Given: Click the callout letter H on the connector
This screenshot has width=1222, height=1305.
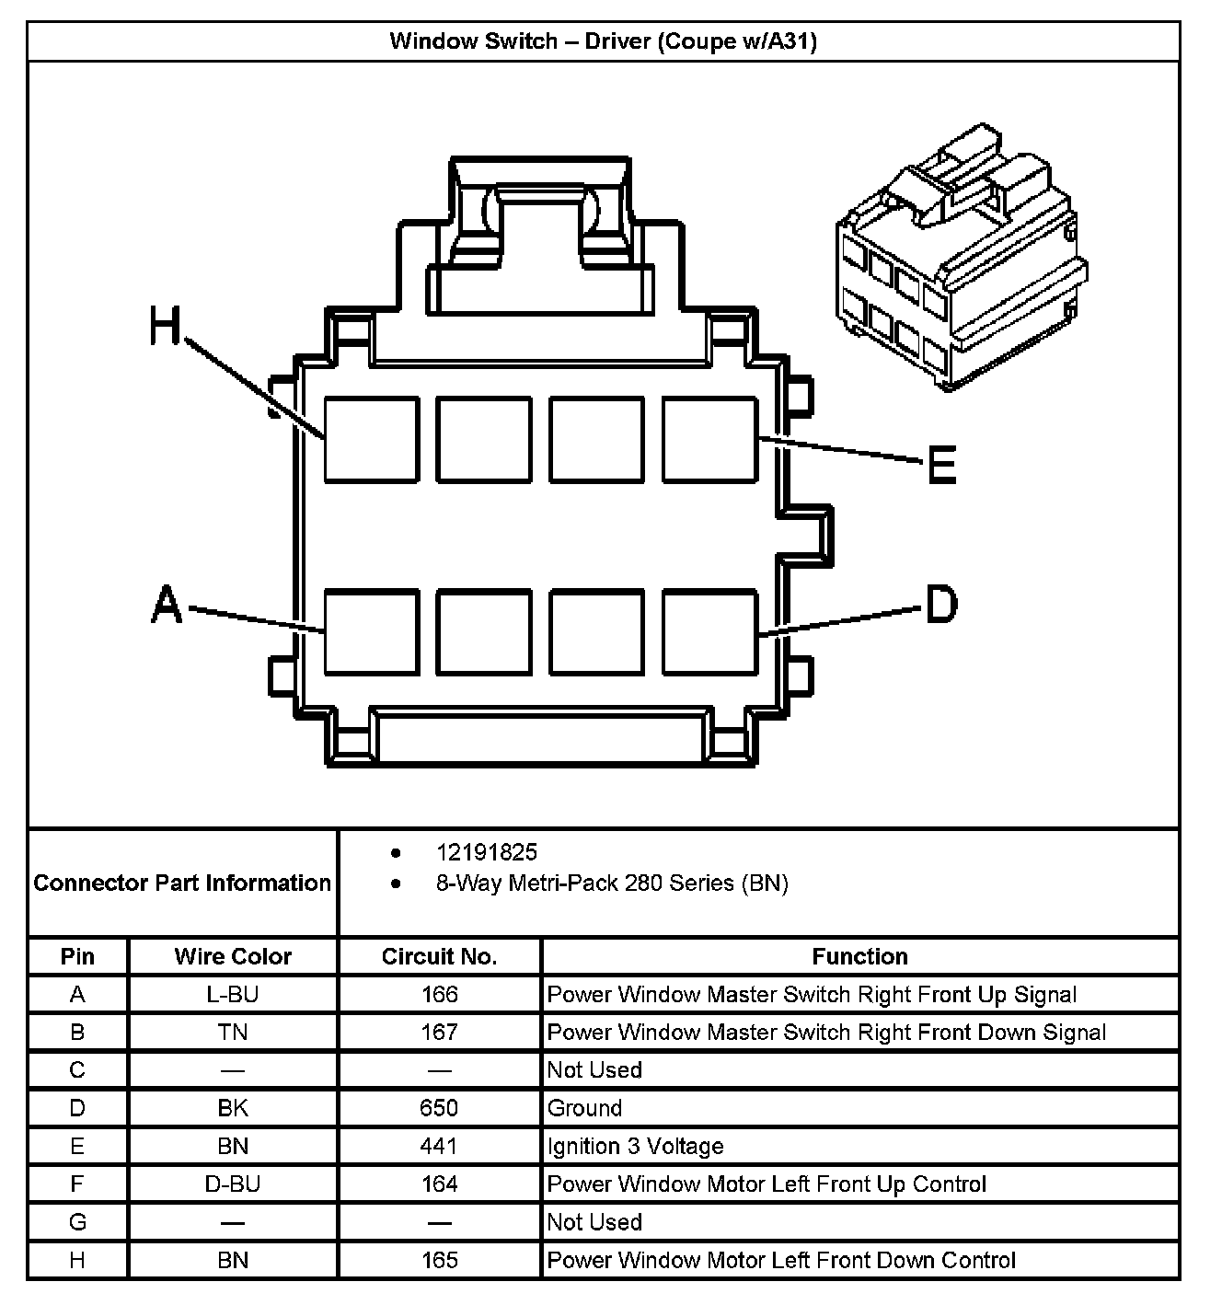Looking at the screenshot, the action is pos(166,327).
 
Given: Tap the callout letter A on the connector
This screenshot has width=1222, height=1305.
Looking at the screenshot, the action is pos(167,605).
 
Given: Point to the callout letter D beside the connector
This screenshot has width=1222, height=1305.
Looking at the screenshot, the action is pos(940,605).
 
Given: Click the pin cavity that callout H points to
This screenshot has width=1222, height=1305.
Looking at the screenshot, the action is pos(372,439).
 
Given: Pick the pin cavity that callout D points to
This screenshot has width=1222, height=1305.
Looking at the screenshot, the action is pos(709,631).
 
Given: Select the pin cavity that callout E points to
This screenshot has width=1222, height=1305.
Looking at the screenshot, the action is pos(709,439).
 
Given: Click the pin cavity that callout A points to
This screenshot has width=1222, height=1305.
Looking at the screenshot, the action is pos(372,631).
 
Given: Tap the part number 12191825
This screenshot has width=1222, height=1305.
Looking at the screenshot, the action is pos(487,852).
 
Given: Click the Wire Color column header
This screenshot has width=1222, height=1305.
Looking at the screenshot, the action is pos(233,957).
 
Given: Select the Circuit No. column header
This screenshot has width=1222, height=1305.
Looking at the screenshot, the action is pos(439,957).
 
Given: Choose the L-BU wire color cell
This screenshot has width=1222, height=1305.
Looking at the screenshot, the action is pos(233,995).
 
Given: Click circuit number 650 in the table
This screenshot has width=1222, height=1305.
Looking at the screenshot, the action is pos(439,1108).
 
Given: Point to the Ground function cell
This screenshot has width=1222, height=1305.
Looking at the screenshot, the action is pos(585,1108).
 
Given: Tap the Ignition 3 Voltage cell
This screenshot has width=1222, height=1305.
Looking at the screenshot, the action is pos(635,1147).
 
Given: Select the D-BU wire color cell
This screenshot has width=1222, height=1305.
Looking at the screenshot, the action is pos(233,1184).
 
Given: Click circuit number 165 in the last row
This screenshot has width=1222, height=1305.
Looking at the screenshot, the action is pos(439,1260).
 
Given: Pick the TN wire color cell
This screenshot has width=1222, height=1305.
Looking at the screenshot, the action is pos(233,1033).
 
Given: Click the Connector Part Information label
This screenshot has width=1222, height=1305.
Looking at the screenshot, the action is pos(182,883).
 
